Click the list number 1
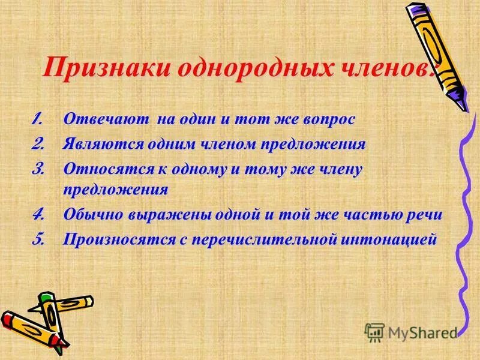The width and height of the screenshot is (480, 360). coord(38,119)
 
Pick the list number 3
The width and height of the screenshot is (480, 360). coord(38,170)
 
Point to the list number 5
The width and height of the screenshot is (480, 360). coord(38,239)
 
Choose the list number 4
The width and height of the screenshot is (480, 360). coord(38,214)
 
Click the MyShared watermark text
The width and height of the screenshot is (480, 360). coord(420,332)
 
